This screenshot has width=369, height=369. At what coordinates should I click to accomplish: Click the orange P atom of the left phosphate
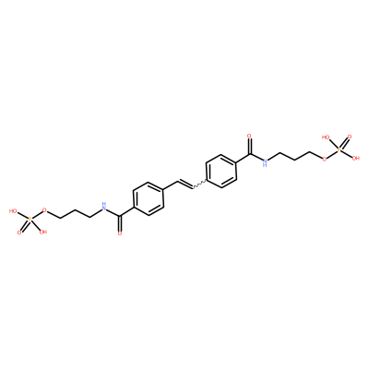30,220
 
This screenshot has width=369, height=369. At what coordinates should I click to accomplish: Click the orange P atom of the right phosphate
339,149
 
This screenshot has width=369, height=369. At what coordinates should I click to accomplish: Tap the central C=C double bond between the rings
184,184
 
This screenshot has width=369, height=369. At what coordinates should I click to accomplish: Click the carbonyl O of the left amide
120,233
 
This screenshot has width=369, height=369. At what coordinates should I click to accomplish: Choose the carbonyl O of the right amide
249,136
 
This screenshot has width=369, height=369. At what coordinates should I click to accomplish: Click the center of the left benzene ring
148,199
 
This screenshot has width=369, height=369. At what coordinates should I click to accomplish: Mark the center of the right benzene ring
220,171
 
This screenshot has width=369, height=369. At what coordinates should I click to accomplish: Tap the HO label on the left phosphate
13,211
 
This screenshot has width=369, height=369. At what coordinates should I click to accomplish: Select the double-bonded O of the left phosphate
19,232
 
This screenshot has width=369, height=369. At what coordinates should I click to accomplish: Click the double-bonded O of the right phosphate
350,137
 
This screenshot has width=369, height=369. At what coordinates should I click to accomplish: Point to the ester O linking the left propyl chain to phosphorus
45,211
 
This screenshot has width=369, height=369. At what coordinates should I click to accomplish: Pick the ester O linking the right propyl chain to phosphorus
324,159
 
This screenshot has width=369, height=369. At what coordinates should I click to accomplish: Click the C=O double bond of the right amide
250,147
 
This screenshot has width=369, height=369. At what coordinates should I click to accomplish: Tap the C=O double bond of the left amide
120,223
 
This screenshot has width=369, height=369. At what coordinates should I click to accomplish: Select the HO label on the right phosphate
326,137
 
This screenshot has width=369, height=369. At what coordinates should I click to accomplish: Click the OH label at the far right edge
356,159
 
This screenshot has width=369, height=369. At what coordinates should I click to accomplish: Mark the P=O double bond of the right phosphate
344,143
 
